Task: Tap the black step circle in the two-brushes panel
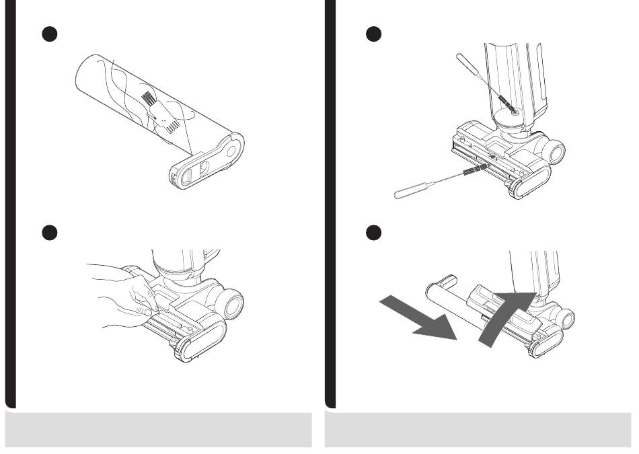pyautogui.click(x=374, y=35)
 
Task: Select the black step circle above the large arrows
pyautogui.click(x=374, y=232)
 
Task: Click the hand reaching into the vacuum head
pyautogui.click(x=124, y=293)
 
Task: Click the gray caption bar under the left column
pyautogui.click(x=159, y=430)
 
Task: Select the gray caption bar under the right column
pyautogui.click(x=478, y=430)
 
